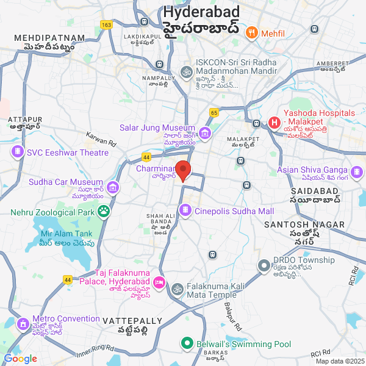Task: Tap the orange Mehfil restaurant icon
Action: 250,32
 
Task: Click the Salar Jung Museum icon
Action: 205,134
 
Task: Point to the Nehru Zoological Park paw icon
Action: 104,212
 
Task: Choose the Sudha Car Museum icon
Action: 112,187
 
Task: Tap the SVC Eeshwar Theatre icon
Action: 18,152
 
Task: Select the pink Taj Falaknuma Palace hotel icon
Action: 159,282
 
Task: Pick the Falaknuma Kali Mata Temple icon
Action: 177,288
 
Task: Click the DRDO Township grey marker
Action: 264,265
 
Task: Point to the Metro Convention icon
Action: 23,323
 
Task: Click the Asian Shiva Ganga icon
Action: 356,170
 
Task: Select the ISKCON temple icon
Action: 186,72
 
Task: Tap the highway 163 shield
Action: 107,24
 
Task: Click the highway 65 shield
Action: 214,112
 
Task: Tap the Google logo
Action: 20,359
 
